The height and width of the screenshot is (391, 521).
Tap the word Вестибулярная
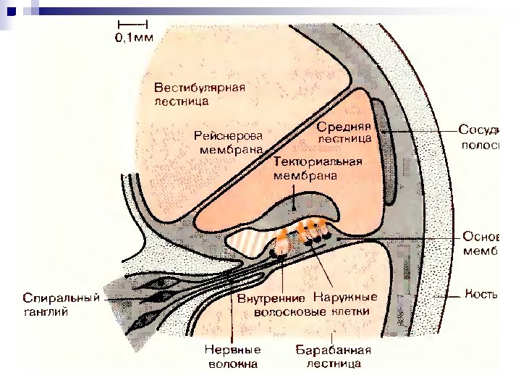(x=200, y=88)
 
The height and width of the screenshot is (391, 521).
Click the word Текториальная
(x=318, y=161)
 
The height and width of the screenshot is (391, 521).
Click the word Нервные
(x=232, y=350)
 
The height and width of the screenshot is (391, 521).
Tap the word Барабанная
(x=333, y=350)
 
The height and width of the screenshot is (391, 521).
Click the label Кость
(x=481, y=295)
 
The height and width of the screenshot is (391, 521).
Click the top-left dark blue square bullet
(x=10, y=11)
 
